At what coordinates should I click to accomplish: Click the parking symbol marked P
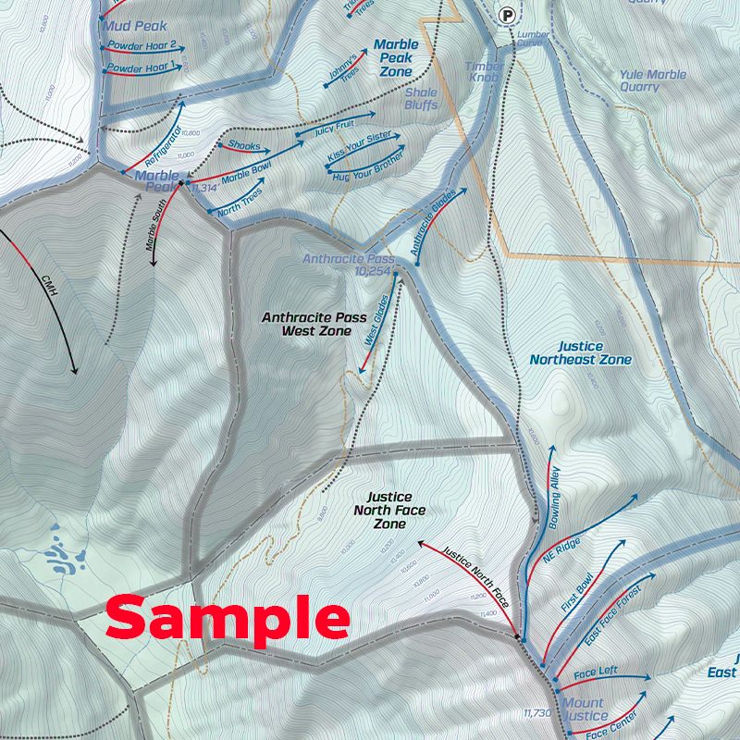coord(506,14)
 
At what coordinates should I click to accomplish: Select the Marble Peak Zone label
coord(396,57)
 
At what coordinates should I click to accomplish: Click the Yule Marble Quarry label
coord(653,80)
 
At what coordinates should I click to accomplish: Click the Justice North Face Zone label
coord(388,510)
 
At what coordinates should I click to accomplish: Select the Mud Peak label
coord(135,26)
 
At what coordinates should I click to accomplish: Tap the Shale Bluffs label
coord(421,99)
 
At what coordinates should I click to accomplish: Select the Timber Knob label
coord(485,72)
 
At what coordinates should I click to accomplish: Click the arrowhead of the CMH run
coord(74,372)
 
